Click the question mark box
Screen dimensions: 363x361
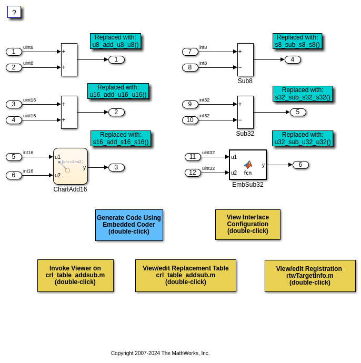(14, 12)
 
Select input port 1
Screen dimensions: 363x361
(14, 52)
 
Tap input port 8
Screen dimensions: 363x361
(190, 67)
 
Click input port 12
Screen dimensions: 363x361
(193, 173)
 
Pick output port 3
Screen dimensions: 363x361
(116, 167)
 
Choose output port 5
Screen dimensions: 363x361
(298, 112)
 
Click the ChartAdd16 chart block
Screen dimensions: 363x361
(71, 166)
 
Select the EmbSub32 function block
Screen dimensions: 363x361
(248, 165)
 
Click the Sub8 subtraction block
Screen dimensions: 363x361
(245, 59)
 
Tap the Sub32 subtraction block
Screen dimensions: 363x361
(245, 112)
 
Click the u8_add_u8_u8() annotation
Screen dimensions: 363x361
(115, 41)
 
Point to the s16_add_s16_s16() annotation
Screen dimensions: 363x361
(121, 138)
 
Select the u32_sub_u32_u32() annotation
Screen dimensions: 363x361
(303, 138)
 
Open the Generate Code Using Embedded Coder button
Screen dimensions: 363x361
(129, 225)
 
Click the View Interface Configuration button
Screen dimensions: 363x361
(248, 224)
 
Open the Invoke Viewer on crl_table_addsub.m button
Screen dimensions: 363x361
(75, 275)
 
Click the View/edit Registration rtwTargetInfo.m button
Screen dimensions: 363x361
(310, 276)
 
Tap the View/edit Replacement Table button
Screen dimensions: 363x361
(186, 275)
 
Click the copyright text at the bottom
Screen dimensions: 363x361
(160, 353)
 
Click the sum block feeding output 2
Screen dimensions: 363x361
(69, 112)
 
